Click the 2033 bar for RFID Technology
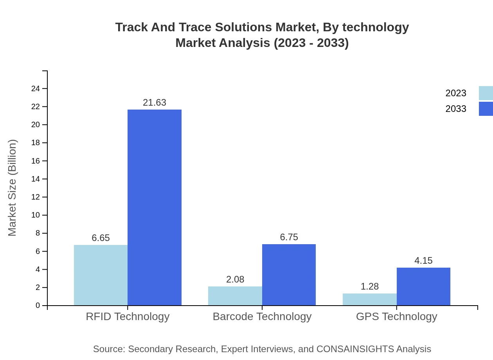(x=155, y=207)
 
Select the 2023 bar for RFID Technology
(x=101, y=275)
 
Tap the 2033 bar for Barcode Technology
(x=289, y=275)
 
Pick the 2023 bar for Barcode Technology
(x=235, y=296)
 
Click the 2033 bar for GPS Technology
(x=423, y=286)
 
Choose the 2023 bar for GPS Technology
(x=370, y=299)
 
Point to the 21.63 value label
(x=155, y=103)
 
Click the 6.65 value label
(x=101, y=238)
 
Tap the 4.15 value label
(x=423, y=261)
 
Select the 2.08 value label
(x=235, y=279)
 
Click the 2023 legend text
(x=456, y=93)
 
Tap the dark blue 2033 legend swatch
(x=486, y=109)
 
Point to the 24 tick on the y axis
(x=36, y=89)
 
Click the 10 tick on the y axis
(x=36, y=215)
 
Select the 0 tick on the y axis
(x=38, y=306)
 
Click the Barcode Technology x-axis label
(x=262, y=316)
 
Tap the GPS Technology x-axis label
(x=396, y=316)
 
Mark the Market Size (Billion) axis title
(x=12, y=188)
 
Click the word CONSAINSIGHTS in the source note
(x=355, y=349)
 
